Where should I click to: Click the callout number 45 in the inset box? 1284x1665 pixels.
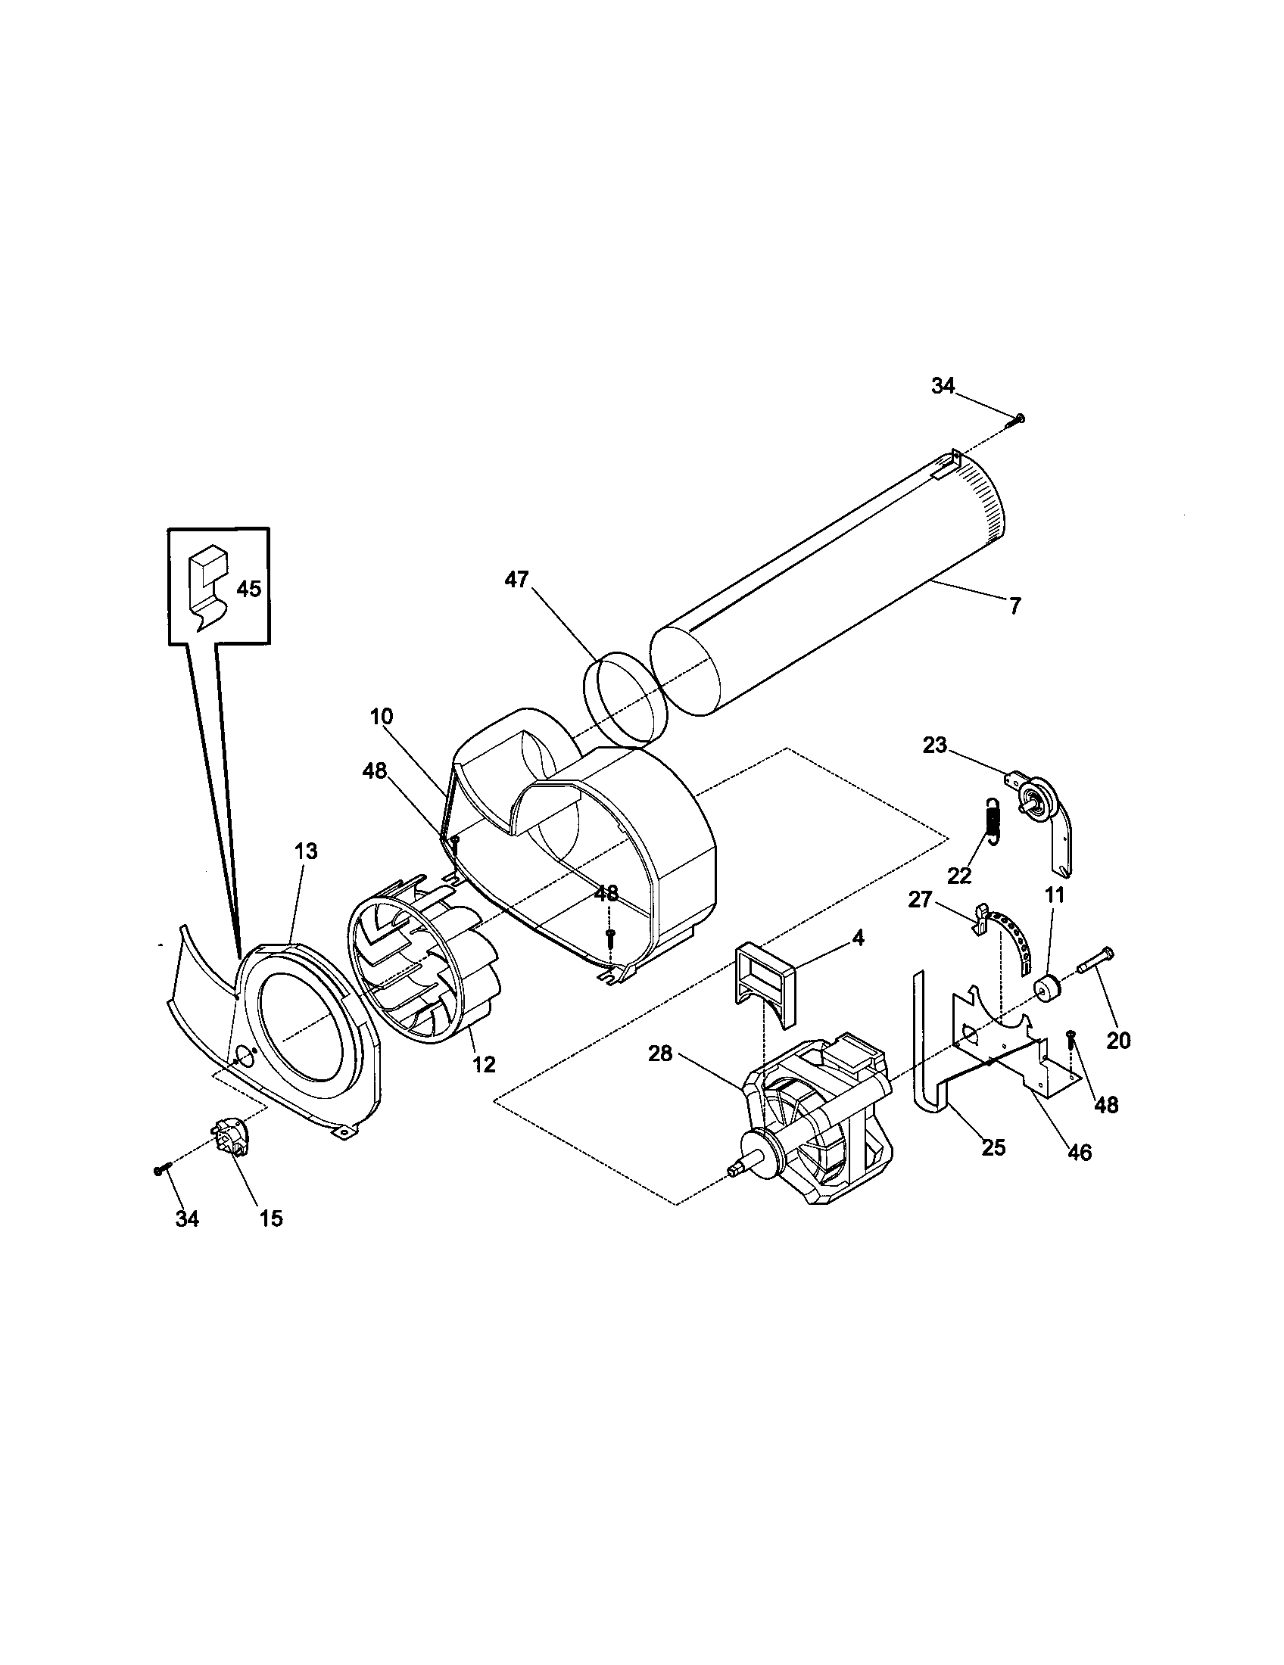(248, 589)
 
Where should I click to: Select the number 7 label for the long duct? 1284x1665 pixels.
(1014, 607)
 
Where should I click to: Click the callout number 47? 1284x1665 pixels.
(516, 580)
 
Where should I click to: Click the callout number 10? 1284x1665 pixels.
(382, 717)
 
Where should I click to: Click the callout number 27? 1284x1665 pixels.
(921, 900)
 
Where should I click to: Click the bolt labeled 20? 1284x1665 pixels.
(1096, 960)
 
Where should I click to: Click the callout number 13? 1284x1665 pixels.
(305, 851)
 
